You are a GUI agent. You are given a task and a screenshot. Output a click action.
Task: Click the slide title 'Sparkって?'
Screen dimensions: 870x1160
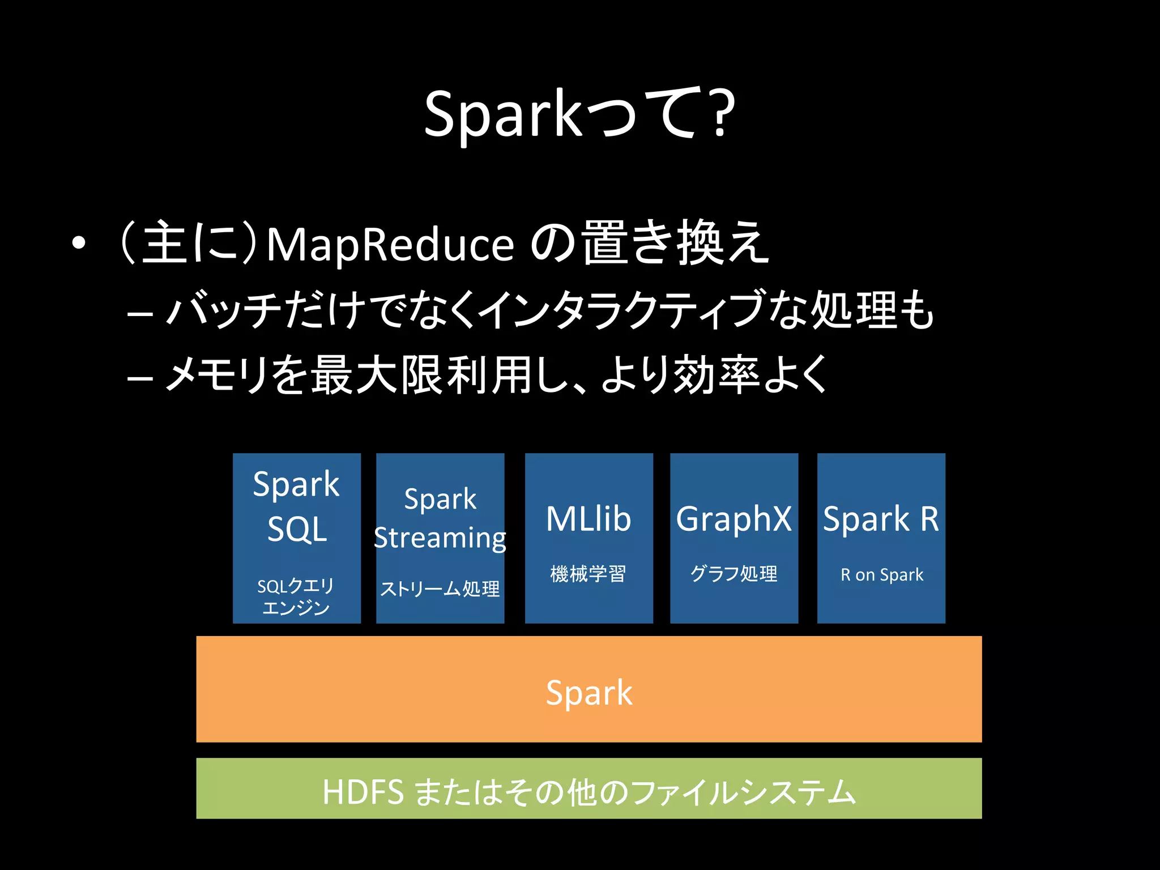pyautogui.click(x=579, y=114)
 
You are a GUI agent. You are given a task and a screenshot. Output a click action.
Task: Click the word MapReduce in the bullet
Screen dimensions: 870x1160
pyautogui.click(x=390, y=245)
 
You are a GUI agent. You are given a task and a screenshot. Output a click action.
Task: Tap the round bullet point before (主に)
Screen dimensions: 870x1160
pyautogui.click(x=79, y=243)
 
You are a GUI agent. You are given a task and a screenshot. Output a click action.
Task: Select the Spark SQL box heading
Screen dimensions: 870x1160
pyautogui.click(x=296, y=506)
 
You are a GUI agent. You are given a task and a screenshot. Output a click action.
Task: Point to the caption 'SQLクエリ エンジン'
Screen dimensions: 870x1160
pyautogui.click(x=296, y=596)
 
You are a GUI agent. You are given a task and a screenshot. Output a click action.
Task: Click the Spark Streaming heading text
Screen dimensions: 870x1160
pyautogui.click(x=440, y=518)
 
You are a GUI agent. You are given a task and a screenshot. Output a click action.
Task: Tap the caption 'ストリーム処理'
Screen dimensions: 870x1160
pyautogui.click(x=440, y=589)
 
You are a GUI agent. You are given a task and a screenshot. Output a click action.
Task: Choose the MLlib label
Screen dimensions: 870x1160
pyautogui.click(x=588, y=519)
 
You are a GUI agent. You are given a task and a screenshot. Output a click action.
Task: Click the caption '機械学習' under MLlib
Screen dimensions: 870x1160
pyautogui.click(x=588, y=574)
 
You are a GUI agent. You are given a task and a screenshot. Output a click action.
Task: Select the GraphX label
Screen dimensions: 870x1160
pyautogui.click(x=733, y=519)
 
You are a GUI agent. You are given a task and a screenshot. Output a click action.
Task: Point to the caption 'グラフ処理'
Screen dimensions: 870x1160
pyautogui.click(x=733, y=574)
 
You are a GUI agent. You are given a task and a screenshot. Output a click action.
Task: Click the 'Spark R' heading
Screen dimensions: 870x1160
pyautogui.click(x=881, y=519)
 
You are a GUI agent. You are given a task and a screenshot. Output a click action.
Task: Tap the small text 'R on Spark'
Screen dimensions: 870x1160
pyautogui.click(x=882, y=575)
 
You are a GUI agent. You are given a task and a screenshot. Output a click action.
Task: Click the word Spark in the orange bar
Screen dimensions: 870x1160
pyautogui.click(x=589, y=692)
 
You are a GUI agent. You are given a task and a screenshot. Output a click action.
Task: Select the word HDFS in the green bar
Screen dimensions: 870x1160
pyautogui.click(x=363, y=792)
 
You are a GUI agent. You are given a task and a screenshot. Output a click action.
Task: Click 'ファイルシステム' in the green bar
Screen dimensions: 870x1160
pyautogui.click(x=742, y=792)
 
